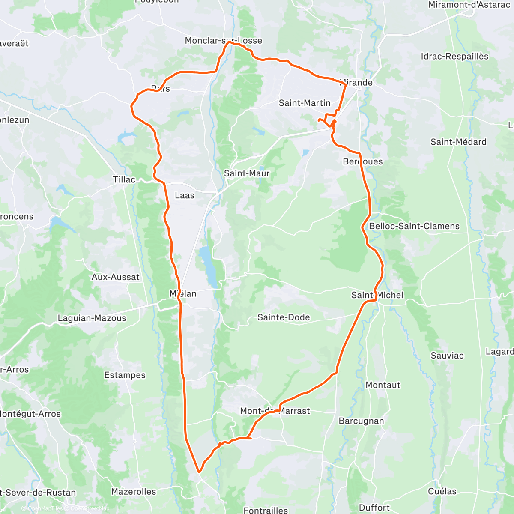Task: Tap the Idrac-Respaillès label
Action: click(454, 57)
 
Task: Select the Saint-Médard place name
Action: click(458, 142)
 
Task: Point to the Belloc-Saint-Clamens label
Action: click(414, 226)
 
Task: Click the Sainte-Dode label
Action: click(284, 317)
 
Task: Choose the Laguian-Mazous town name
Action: click(92, 318)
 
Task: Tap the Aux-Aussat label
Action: click(116, 277)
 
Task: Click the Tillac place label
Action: click(124, 180)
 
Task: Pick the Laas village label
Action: click(185, 195)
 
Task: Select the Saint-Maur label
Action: click(247, 173)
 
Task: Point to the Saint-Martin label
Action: click(305, 103)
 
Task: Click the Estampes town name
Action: click(125, 375)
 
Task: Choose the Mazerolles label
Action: click(134, 492)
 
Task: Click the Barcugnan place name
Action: click(361, 421)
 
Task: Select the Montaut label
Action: click(383, 385)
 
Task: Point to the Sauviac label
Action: click(447, 356)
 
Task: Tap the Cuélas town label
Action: click(442, 491)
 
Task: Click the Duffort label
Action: click(374, 508)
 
